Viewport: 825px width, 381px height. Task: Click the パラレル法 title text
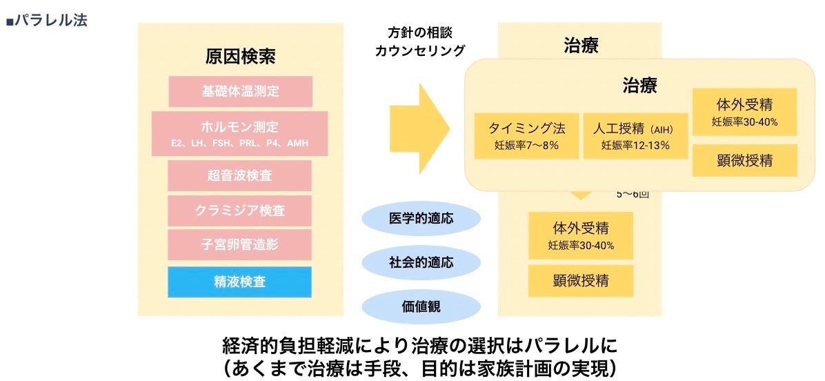coord(47,20)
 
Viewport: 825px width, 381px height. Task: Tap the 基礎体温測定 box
coord(240,91)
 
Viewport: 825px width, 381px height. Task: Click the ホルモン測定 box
coord(239,133)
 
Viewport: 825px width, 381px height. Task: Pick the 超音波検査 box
coord(239,175)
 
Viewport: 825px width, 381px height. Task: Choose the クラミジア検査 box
coord(239,211)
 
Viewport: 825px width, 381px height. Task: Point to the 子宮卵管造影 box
coord(239,245)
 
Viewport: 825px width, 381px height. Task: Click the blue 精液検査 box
coord(239,282)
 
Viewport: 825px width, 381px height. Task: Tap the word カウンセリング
coord(419,50)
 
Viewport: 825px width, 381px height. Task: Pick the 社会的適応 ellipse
coord(421,262)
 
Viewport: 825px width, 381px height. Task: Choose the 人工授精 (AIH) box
coord(635,135)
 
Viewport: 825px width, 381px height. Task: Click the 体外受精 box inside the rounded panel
coord(744,112)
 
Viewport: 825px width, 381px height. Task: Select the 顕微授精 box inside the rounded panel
coord(744,160)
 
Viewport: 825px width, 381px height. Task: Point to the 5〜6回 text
coord(633,194)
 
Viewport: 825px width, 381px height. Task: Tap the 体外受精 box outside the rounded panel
coord(581,235)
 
